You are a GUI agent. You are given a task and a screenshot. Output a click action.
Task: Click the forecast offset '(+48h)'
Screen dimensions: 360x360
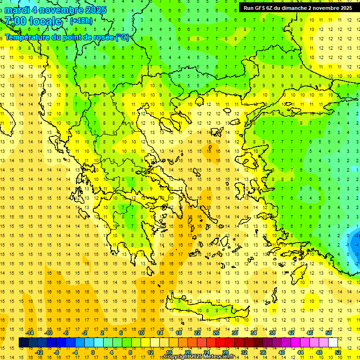pos(81,21)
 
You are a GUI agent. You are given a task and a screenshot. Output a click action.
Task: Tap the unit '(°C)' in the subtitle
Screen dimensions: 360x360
pos(122,37)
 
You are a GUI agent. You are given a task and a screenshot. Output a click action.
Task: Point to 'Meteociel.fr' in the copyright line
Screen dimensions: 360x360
pos(224,357)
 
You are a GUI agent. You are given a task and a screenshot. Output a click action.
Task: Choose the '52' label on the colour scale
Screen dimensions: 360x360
pos(338,352)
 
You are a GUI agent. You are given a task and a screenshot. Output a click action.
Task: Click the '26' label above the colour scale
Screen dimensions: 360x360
pos(216,333)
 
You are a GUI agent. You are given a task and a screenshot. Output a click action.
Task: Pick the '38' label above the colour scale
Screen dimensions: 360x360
pos(272,333)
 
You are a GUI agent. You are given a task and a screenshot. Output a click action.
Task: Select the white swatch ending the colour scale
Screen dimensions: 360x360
pos(333,343)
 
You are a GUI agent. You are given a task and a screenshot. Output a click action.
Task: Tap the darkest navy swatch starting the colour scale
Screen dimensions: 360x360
pos(24,343)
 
